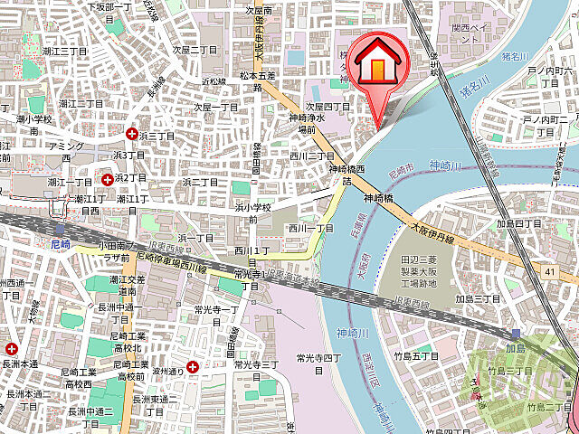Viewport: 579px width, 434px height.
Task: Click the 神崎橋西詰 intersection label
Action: (x=347, y=175)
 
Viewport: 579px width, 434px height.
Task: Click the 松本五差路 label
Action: (x=256, y=82)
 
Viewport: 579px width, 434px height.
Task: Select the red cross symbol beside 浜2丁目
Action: (x=108, y=178)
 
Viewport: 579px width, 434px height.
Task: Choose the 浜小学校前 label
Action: (x=252, y=212)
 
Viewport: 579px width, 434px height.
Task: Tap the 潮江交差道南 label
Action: (x=119, y=285)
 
